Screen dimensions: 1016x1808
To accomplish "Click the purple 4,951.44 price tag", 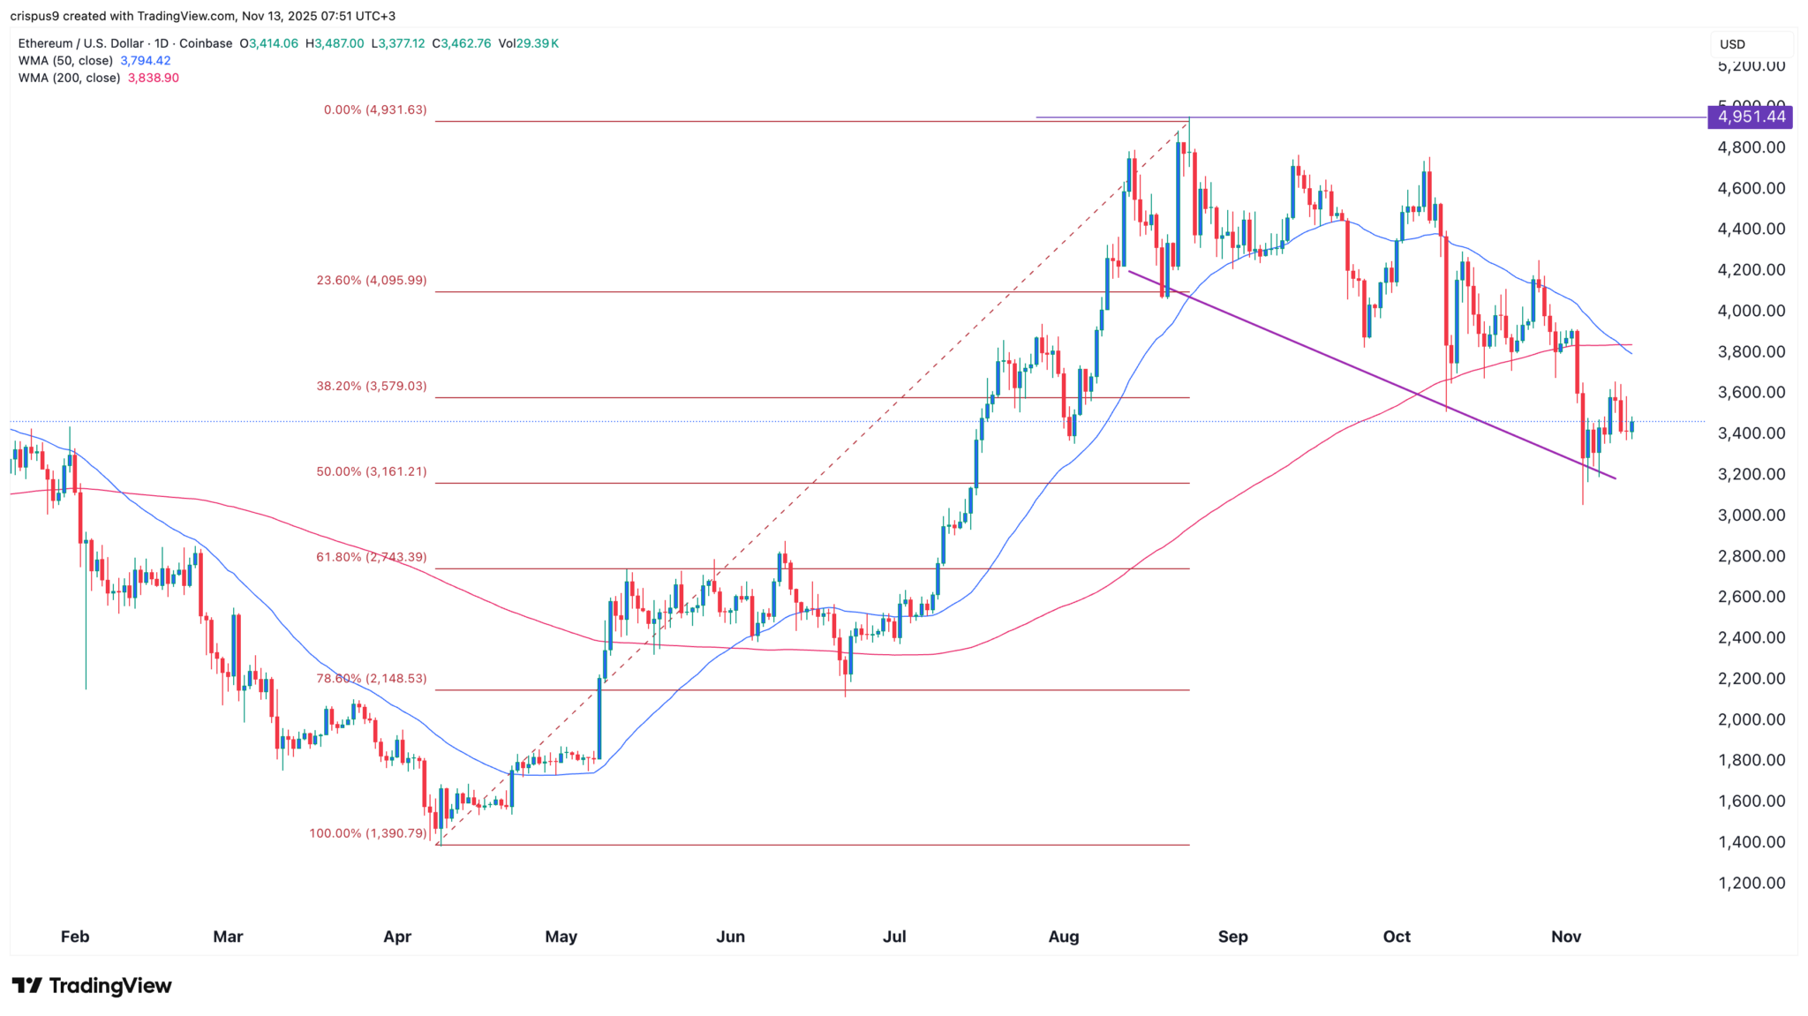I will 1751,117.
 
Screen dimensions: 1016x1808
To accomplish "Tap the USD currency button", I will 1732,44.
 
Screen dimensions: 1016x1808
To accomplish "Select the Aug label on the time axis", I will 1063,937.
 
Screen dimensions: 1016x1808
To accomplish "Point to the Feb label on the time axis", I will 75,937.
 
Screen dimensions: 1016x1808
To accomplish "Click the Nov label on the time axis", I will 1565,937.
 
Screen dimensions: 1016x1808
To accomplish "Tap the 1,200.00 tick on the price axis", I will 1751,883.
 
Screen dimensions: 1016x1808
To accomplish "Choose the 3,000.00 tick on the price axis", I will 1751,516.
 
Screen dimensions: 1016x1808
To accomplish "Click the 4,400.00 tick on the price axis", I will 1751,230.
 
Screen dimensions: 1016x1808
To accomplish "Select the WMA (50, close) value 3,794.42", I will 146,61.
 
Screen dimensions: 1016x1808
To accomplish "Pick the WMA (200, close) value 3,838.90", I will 154,78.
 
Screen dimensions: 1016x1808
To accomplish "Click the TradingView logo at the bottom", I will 92,985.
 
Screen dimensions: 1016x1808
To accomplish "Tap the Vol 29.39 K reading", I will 528,43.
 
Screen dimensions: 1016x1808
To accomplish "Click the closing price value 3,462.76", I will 466,43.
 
